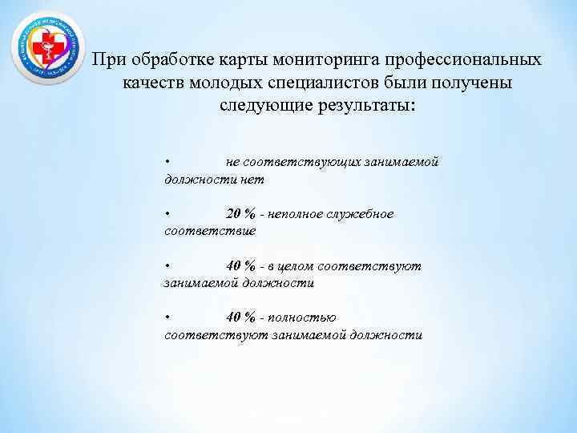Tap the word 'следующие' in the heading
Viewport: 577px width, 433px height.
tap(261, 105)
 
